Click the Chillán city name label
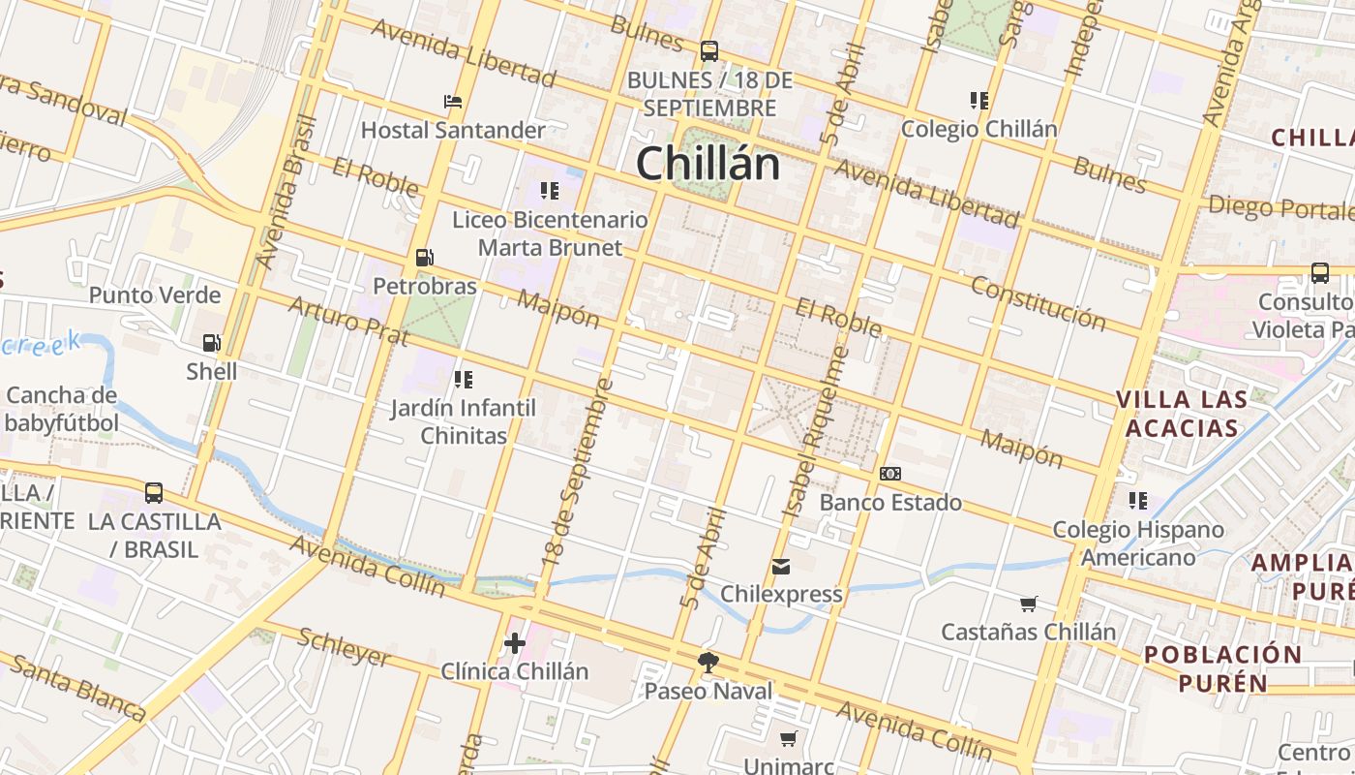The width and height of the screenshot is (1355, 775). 708,163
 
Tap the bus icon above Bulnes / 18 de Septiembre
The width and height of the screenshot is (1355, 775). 709,50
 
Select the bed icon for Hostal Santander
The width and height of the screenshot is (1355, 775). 452,101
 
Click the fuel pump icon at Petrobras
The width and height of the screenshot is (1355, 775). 424,258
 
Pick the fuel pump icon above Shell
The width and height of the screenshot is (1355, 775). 211,343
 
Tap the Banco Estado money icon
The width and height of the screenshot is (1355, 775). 890,474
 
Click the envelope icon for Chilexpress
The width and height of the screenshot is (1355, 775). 781,566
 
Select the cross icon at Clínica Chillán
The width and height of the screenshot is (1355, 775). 515,642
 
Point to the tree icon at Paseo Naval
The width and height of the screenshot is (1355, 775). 708,663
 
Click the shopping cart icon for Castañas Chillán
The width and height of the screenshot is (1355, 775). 1029,604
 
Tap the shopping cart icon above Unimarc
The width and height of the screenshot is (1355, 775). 789,739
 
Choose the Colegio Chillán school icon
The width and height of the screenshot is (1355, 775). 979,100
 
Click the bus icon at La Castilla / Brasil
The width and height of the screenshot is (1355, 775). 153,493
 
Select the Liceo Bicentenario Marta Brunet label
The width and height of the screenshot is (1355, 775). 550,233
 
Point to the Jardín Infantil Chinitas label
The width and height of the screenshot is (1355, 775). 463,421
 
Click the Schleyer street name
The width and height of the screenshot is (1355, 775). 345,647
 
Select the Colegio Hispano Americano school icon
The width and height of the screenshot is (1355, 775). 1138,501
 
